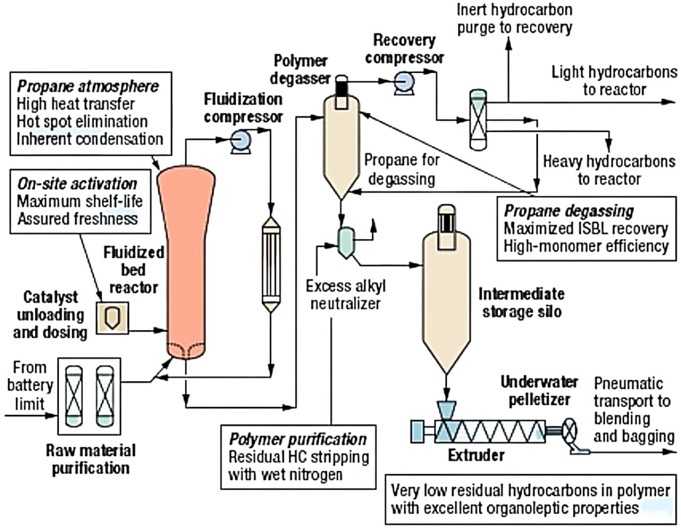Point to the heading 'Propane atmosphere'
pos(88,86)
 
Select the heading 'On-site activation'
pos(77,184)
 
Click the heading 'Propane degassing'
pos(569,211)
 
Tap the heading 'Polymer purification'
pos(297,440)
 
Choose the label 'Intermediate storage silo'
pos(521,302)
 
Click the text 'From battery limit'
pos(30,385)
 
